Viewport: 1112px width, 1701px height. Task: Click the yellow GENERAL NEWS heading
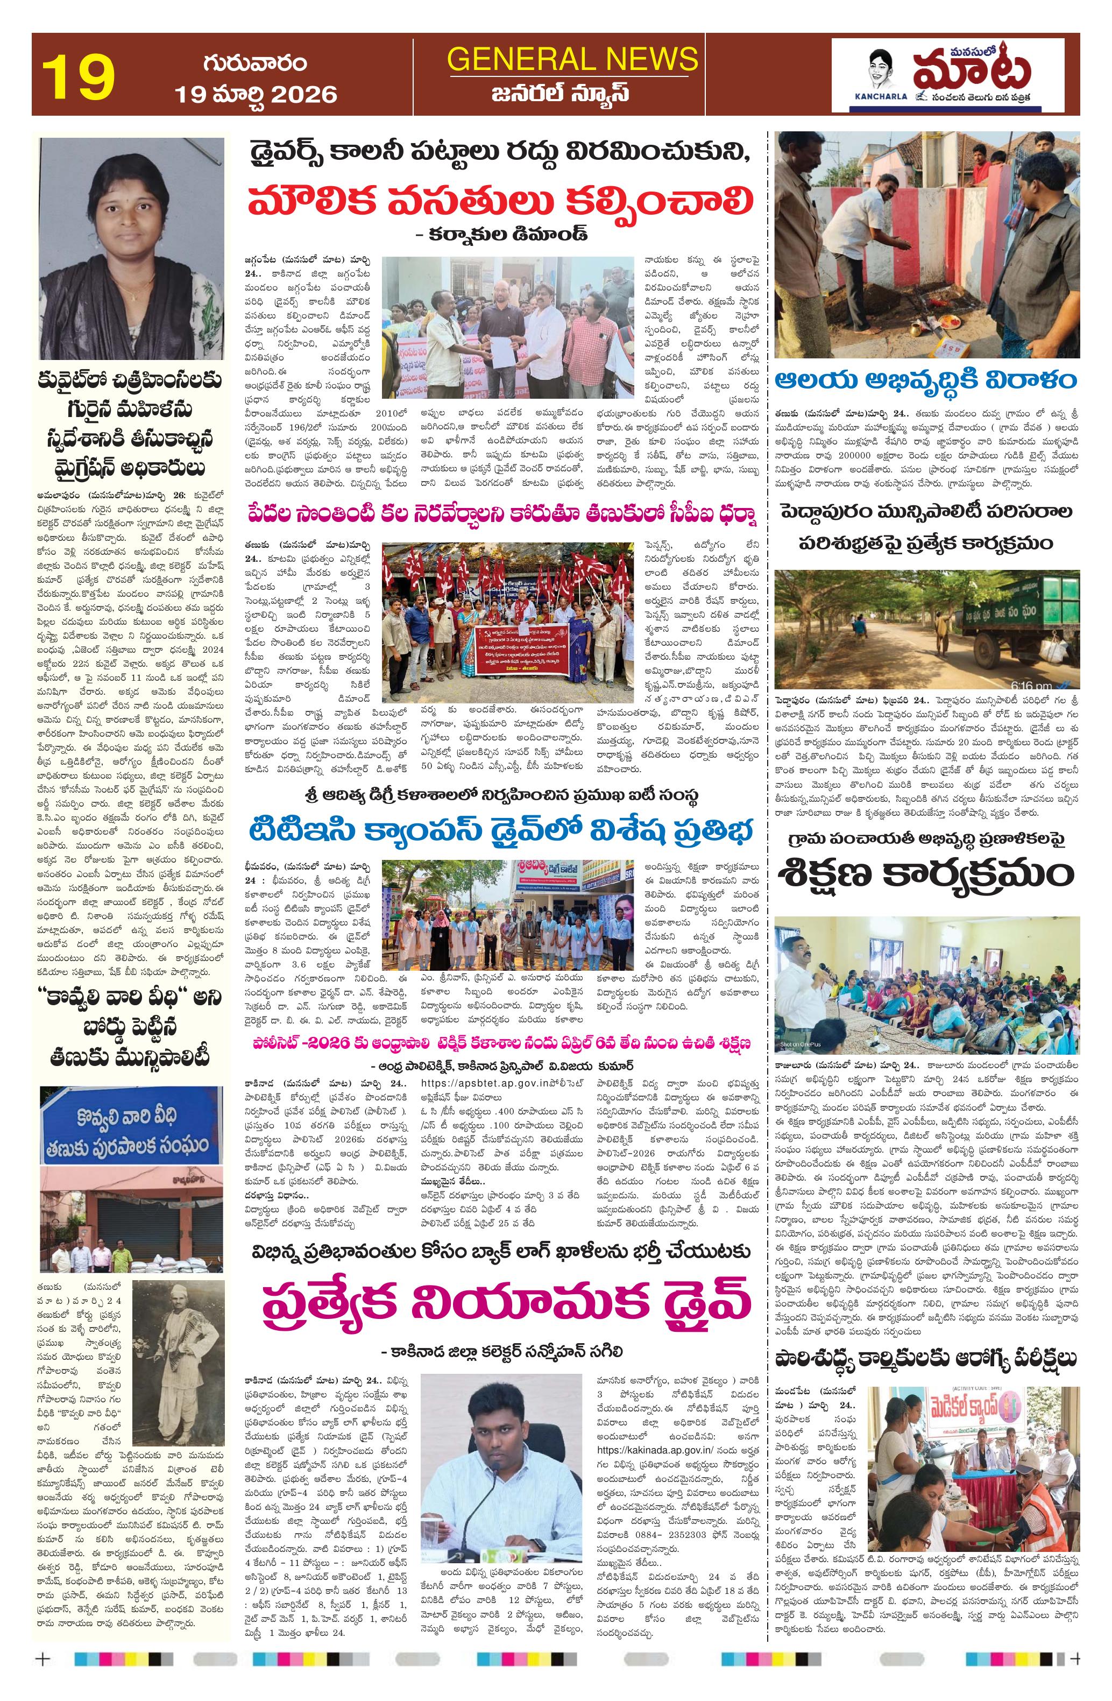(572, 59)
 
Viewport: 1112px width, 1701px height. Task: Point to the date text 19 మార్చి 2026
(256, 94)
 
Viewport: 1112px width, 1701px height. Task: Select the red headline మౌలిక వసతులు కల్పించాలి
(500, 202)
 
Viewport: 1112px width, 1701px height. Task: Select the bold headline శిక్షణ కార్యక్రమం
(927, 873)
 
